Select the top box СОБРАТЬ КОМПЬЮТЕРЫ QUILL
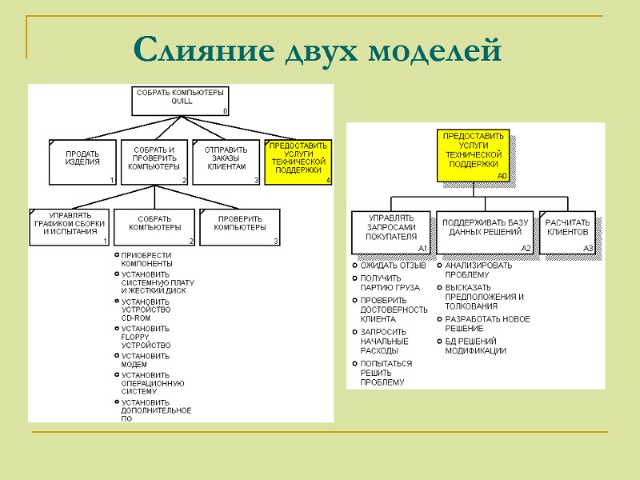(x=181, y=101)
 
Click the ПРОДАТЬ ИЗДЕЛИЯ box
(x=82, y=162)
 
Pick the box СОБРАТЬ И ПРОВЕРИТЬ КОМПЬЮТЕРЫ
(x=154, y=162)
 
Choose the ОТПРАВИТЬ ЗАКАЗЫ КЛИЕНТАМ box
(x=226, y=162)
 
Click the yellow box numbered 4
(x=297, y=162)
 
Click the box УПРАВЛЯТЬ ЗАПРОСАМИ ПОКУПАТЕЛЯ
(x=391, y=232)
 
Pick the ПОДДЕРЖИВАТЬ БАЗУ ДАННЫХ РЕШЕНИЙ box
(x=485, y=232)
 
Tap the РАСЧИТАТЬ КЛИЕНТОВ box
(x=567, y=232)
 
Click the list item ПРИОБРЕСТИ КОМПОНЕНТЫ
(x=146, y=259)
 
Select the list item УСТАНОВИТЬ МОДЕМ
(x=146, y=360)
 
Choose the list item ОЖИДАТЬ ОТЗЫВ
(x=393, y=266)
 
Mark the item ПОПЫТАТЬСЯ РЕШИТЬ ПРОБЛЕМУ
(x=386, y=373)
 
